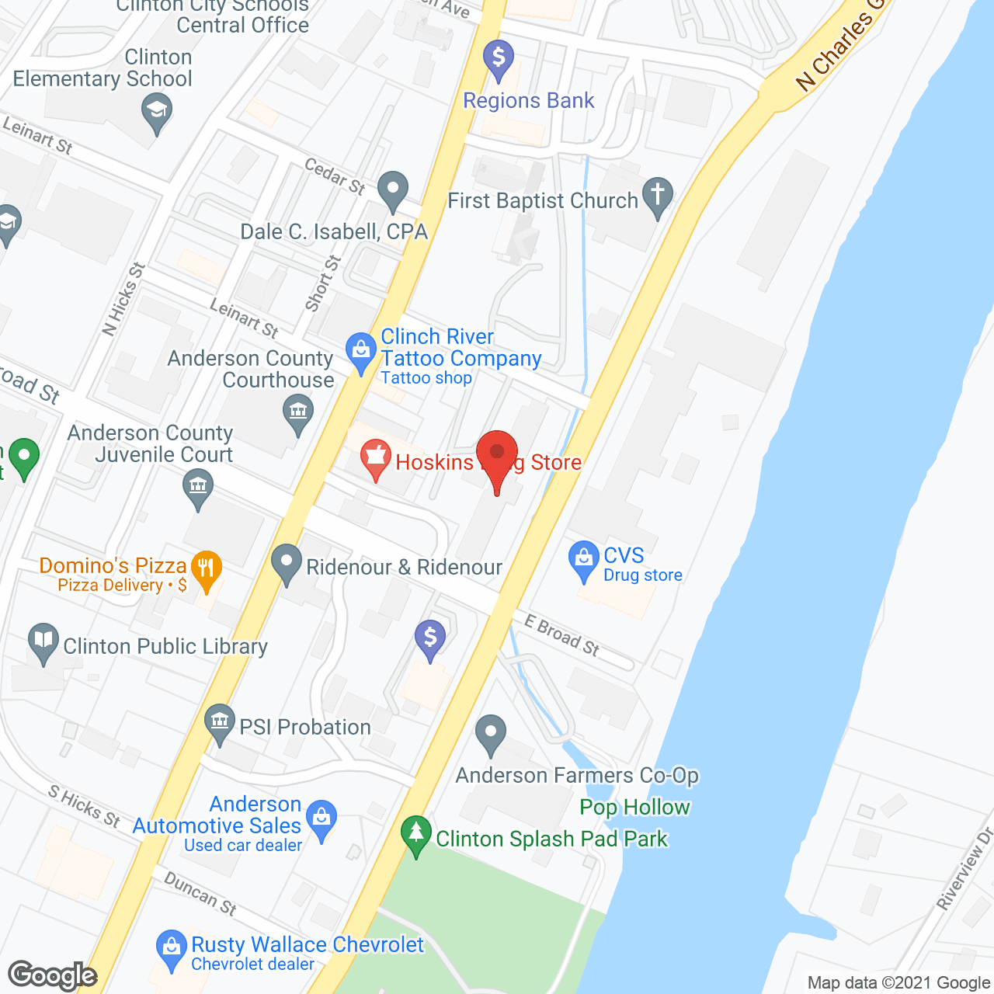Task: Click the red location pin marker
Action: (497, 454)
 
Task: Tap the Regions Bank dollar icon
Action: (499, 57)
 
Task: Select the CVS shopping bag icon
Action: (583, 558)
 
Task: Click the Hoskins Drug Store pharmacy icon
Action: (377, 457)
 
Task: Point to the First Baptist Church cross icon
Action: (658, 194)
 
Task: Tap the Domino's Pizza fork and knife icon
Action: (206, 568)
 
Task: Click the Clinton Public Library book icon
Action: (43, 641)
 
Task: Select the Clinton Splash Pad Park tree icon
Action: (416, 833)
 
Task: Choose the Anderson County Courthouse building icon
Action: (298, 411)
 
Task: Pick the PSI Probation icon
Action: (220, 722)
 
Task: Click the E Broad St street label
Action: (561, 635)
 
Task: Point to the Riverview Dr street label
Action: (965, 868)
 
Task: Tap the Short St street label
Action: (323, 283)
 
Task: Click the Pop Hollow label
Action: (634, 808)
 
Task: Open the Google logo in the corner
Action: (53, 975)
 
